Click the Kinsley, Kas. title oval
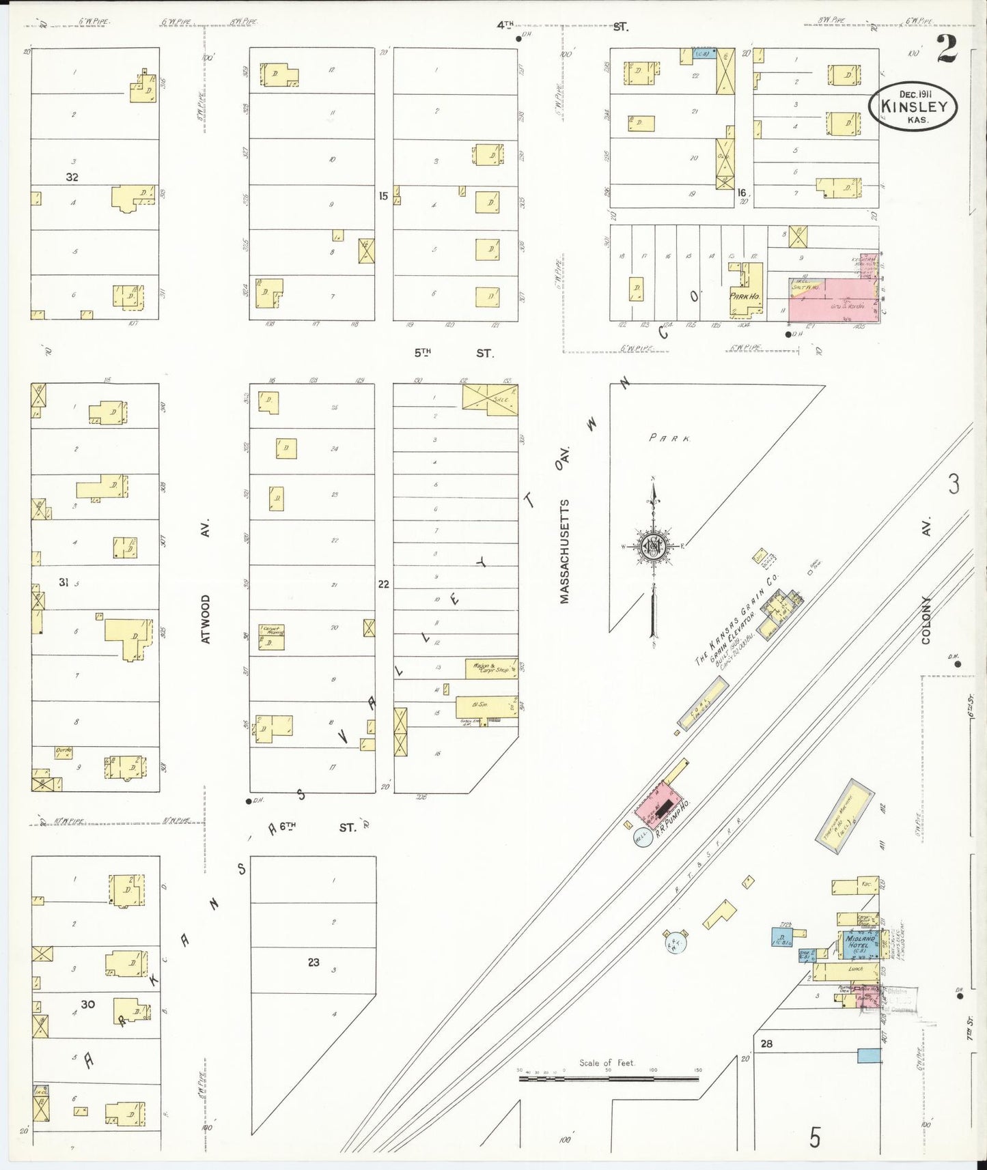(x=913, y=106)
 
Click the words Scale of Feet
(x=607, y=1063)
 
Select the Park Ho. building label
(x=744, y=296)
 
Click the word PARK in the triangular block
(x=669, y=438)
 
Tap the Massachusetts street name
(x=564, y=552)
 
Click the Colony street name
(x=926, y=620)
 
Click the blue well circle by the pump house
(x=643, y=837)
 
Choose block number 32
(x=72, y=177)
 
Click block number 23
(x=314, y=962)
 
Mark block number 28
(x=766, y=1043)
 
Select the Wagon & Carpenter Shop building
(x=491, y=669)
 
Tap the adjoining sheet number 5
(x=814, y=1138)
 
